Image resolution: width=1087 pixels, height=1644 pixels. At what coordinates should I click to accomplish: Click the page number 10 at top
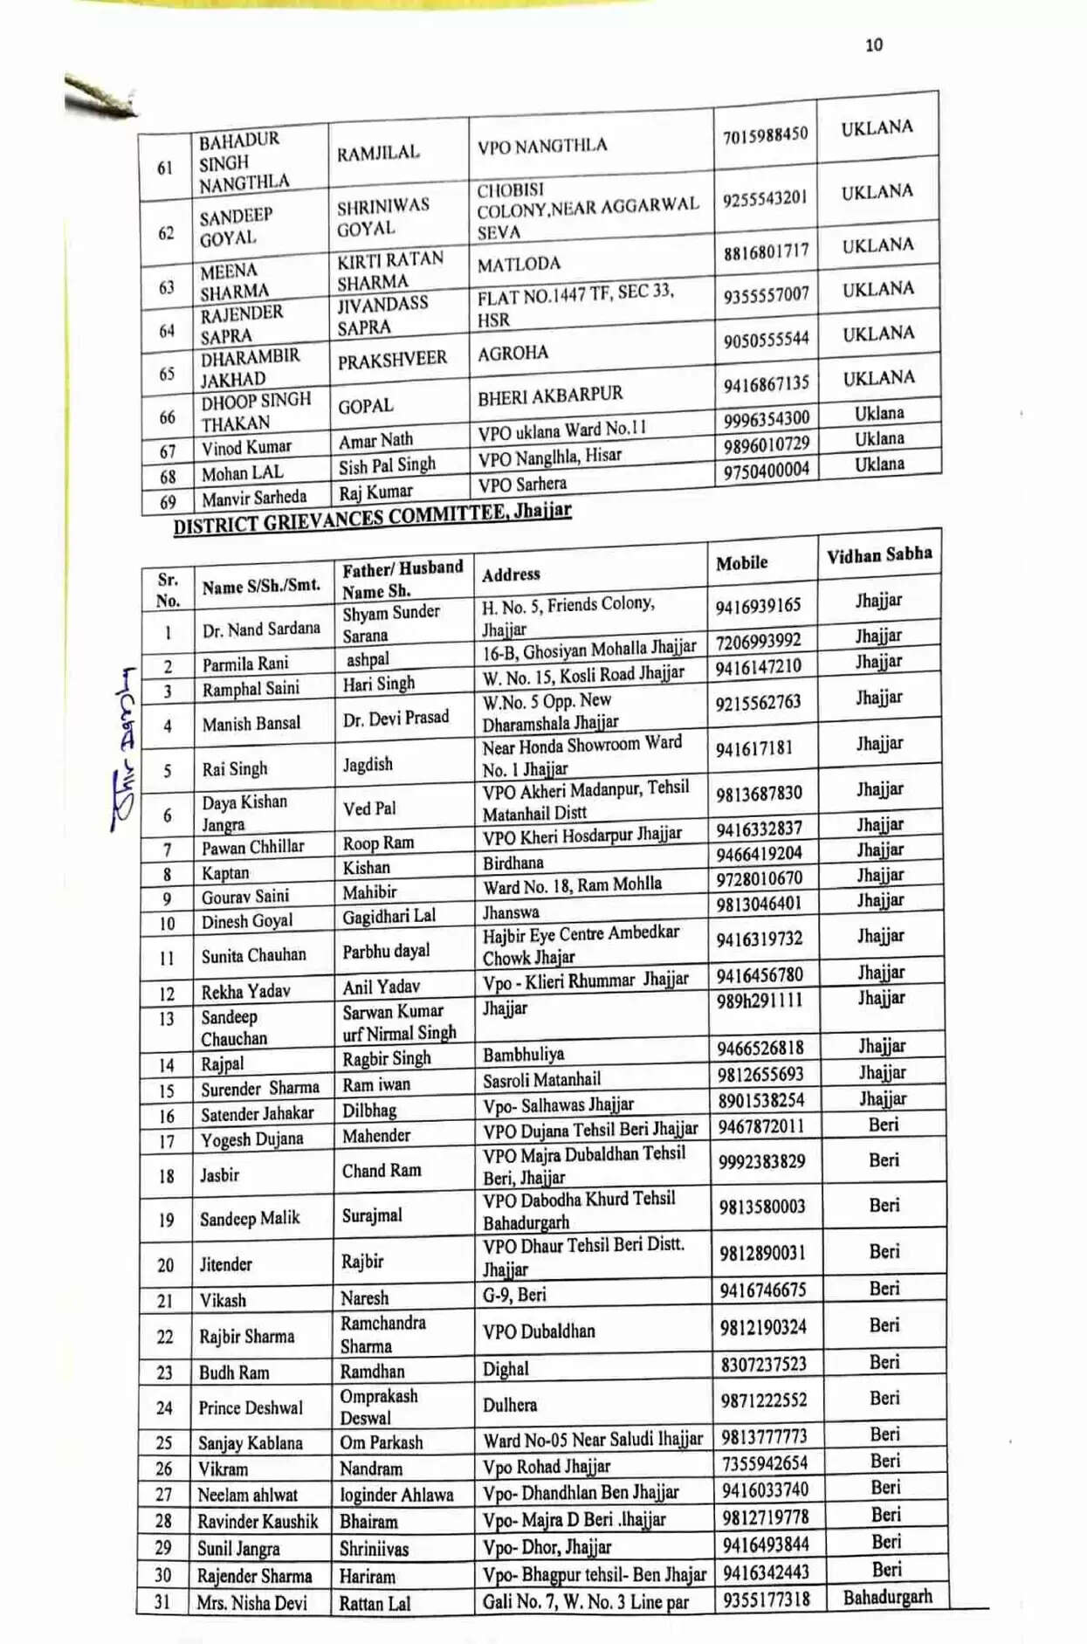873,45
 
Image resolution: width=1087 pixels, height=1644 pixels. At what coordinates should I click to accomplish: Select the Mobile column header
741,563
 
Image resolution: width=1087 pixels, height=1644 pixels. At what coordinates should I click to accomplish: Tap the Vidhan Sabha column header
878,554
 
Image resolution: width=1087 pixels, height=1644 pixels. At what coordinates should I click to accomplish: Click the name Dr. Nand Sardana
260,629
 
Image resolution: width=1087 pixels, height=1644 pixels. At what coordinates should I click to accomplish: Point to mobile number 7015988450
765,135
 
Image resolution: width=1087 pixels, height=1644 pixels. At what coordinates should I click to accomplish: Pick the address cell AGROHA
513,354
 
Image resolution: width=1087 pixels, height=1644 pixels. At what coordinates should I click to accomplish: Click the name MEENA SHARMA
234,281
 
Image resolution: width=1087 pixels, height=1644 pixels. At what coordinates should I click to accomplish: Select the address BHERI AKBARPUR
550,396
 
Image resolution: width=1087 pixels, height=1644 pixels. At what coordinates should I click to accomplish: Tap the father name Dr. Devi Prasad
396,718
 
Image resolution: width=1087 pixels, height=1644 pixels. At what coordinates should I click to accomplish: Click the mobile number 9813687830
759,794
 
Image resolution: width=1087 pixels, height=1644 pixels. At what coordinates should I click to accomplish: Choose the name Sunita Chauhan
253,955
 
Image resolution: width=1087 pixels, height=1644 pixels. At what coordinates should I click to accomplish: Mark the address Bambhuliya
523,1055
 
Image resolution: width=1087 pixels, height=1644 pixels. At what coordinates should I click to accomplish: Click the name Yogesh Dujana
251,1139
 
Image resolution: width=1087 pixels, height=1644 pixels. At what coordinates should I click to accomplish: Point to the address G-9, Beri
514,1295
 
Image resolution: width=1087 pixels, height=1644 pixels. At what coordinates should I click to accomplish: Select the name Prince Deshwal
250,1407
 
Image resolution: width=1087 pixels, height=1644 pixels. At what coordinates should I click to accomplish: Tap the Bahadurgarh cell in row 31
887,1597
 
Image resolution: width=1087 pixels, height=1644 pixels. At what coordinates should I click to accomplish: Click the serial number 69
168,502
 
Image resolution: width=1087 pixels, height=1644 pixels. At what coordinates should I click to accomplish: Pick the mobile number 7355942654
764,1463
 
